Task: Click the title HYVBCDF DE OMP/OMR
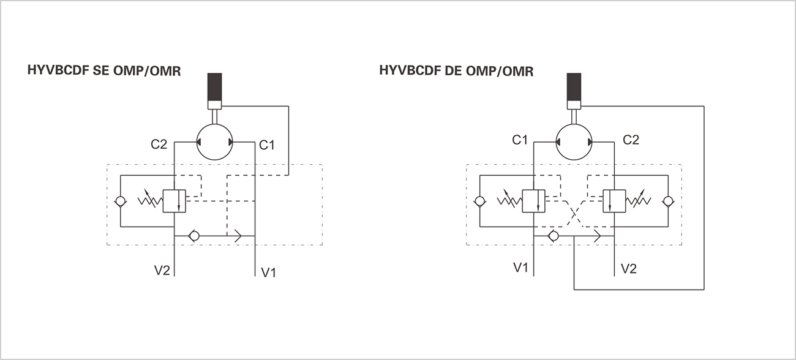[456, 71]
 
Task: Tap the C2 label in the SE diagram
[159, 144]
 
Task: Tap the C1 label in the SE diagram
[267, 145]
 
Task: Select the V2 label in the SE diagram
[161, 270]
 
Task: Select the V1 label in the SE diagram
[269, 272]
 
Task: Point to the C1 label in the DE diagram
[519, 140]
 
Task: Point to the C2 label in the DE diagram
[631, 140]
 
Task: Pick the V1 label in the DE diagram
[520, 268]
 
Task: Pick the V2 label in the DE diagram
[629, 268]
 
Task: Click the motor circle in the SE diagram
[214, 142]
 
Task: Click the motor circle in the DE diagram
[574, 140]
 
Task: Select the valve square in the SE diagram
[175, 201]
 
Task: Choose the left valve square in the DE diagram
[533, 201]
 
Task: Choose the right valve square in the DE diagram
[614, 201]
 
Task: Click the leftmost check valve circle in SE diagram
[121, 201]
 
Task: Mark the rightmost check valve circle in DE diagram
[667, 201]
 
